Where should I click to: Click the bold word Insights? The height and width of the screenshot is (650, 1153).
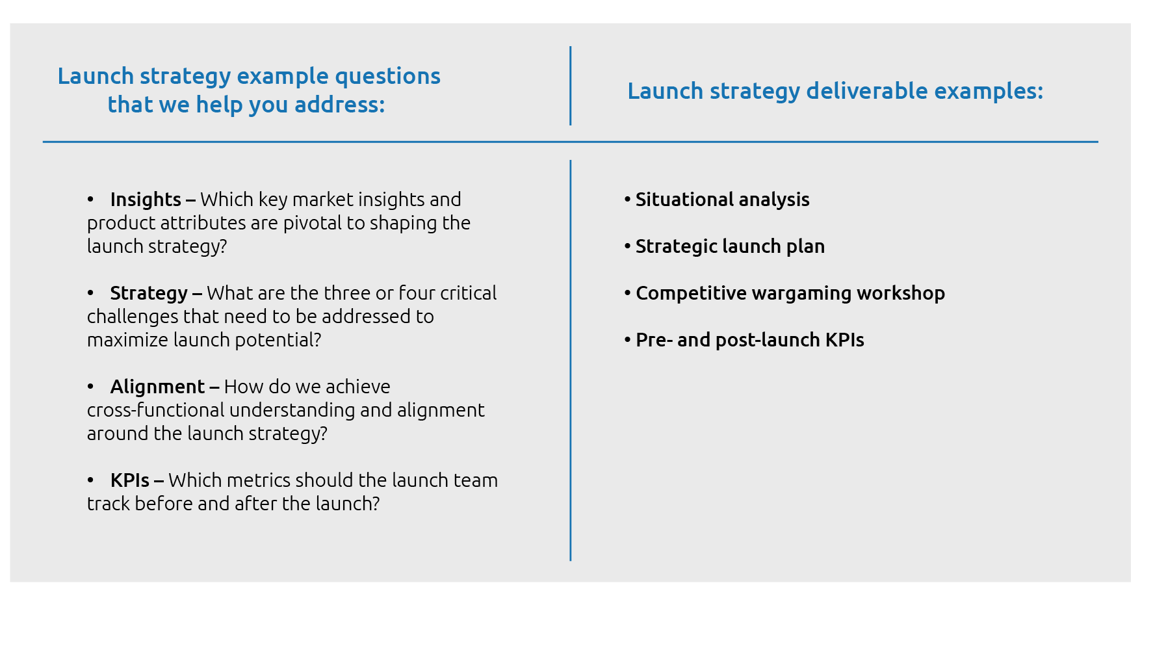[x=146, y=200]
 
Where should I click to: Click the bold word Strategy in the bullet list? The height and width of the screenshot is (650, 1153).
[x=149, y=293]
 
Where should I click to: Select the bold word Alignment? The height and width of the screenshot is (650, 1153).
[x=157, y=387]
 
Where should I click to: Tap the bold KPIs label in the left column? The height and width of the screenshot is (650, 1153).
[x=130, y=480]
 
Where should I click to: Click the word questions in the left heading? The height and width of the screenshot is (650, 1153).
[x=387, y=76]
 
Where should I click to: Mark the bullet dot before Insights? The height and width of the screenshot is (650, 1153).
[x=91, y=200]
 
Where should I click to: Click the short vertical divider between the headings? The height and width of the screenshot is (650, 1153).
[x=571, y=86]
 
